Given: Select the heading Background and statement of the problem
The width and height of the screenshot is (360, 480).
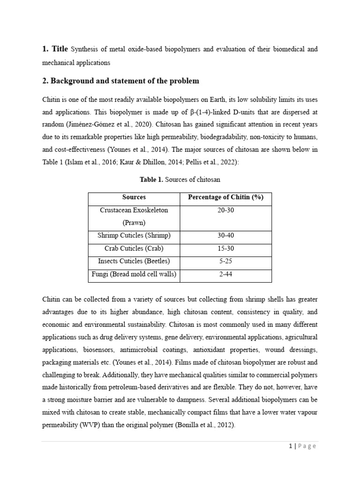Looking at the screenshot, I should point(120,81).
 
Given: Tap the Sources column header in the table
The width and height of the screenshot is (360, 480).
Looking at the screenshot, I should point(134,197).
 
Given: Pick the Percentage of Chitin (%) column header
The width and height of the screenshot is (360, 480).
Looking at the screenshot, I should point(225,197).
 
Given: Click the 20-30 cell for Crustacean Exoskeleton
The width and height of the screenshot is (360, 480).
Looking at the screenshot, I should point(225,210).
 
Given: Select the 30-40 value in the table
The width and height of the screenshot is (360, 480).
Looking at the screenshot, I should point(225,235).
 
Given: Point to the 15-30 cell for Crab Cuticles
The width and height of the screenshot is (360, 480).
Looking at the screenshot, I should point(225,248).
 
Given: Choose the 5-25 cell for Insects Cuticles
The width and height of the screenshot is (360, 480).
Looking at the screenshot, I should point(225,261).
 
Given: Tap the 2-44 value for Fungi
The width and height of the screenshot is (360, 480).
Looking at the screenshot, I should point(225,274).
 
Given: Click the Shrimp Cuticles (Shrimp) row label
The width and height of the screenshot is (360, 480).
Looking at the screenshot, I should point(134,235).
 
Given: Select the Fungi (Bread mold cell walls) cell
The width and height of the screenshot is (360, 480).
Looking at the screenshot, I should point(134,274).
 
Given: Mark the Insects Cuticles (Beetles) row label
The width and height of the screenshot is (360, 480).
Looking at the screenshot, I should point(134,261).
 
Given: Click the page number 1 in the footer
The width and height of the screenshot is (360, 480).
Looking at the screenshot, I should point(291,446).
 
